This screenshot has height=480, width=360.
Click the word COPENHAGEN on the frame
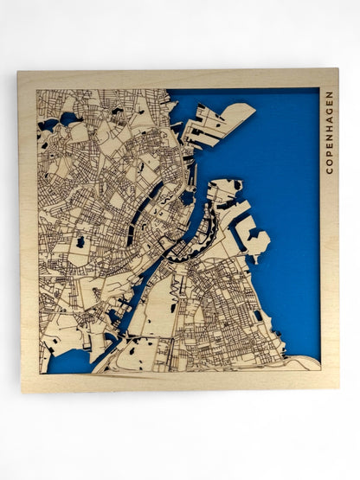329,130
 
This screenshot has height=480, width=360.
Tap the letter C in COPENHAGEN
329,170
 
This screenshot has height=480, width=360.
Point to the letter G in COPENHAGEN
329,108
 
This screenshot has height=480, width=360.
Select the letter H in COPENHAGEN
329,127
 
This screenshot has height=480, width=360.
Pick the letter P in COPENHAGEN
329,153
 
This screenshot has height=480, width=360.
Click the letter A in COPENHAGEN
329,118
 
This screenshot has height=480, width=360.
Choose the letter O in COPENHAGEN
329,162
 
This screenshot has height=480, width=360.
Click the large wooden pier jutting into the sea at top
222,121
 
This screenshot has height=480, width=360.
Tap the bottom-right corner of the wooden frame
337,390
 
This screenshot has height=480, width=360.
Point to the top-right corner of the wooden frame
337,71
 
